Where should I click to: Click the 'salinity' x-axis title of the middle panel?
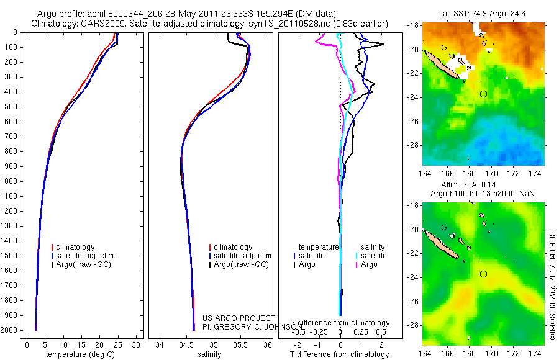coord(209,355)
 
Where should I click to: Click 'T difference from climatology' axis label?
coord(339,355)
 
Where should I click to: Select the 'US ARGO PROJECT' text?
coord(239,318)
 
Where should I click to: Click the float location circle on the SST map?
coord(484,94)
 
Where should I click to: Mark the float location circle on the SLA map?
coord(484,274)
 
